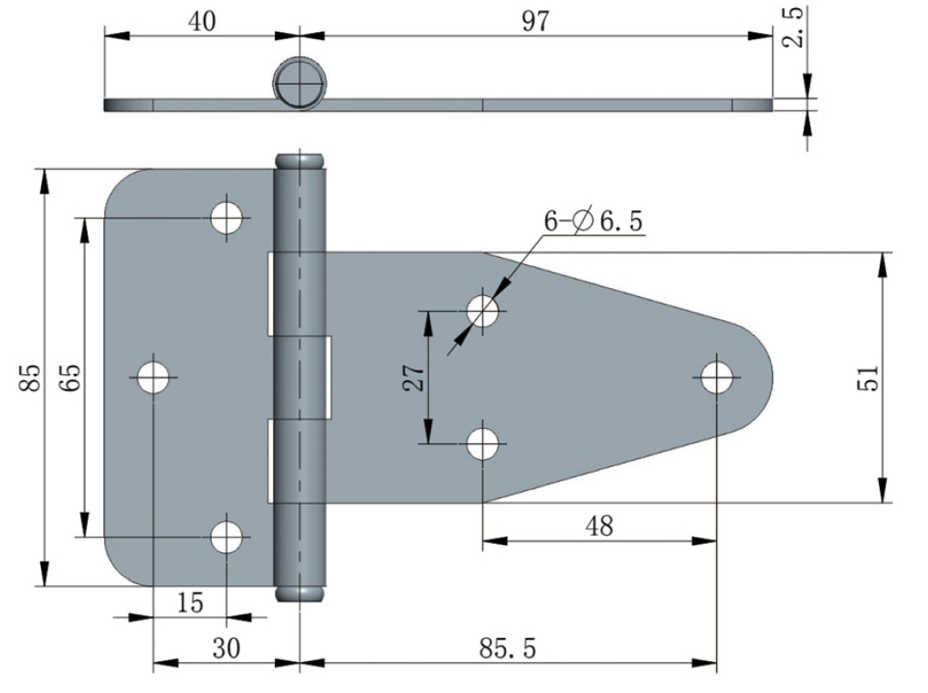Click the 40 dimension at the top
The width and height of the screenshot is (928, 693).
click(202, 21)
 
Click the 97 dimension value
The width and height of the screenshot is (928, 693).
click(536, 21)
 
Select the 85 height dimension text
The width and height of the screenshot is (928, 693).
click(30, 378)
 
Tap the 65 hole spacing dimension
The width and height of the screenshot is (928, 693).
click(70, 378)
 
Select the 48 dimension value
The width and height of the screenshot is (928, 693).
click(599, 526)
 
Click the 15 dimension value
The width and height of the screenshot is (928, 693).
click(190, 602)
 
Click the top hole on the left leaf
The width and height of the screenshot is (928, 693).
click(227, 218)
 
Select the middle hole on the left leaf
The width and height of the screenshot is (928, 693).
click(153, 377)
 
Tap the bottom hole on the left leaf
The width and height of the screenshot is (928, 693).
click(227, 537)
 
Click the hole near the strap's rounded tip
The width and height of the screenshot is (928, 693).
click(718, 377)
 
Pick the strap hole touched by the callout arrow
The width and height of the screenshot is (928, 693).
click(483, 311)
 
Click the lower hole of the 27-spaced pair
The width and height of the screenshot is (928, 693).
click(483, 443)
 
